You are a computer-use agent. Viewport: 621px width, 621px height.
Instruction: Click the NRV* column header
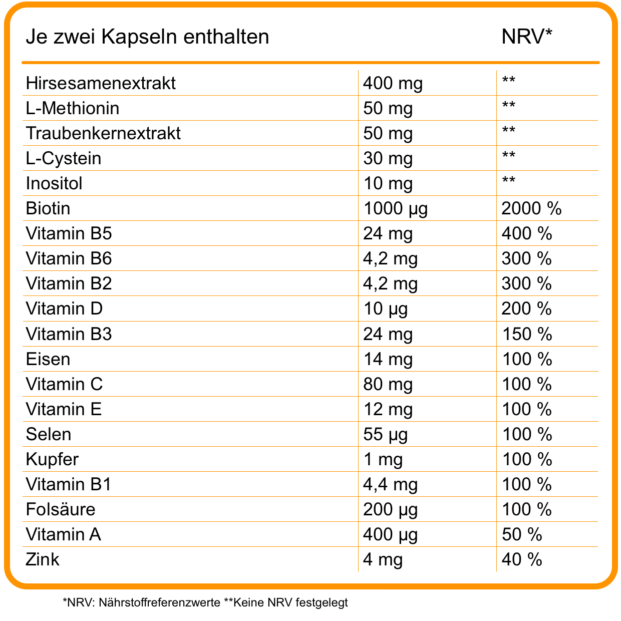point(527,37)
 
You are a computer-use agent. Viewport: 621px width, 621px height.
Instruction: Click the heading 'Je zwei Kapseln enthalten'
point(147,37)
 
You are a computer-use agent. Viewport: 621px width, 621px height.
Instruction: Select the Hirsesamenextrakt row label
point(101,83)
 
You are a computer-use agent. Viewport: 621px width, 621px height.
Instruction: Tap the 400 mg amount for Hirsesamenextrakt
point(393,83)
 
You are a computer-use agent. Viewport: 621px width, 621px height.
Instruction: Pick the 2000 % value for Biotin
point(531,208)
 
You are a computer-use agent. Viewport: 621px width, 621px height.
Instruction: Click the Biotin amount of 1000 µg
point(395,208)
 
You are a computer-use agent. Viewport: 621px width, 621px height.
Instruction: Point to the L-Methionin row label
point(73,108)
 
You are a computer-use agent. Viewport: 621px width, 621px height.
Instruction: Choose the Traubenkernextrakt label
point(103,133)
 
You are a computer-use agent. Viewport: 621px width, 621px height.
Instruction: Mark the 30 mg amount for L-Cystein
point(388,158)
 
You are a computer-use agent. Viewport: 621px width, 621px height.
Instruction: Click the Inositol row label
point(54,183)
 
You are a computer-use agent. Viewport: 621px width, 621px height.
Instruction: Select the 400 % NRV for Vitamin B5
point(526,233)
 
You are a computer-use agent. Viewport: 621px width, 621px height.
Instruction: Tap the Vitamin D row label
point(64,308)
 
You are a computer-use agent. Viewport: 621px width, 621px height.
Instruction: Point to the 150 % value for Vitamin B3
point(526,334)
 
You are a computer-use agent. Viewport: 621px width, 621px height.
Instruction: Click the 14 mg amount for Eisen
point(388,359)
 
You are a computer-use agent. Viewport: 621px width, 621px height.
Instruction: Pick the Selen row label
point(49,434)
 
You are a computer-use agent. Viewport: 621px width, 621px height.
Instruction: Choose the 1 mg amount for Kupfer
point(383,459)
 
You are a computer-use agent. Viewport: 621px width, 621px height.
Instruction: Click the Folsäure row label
point(61,509)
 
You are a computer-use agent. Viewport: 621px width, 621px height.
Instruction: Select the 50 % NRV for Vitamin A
point(522,534)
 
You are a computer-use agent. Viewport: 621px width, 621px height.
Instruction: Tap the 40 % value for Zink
point(522,559)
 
